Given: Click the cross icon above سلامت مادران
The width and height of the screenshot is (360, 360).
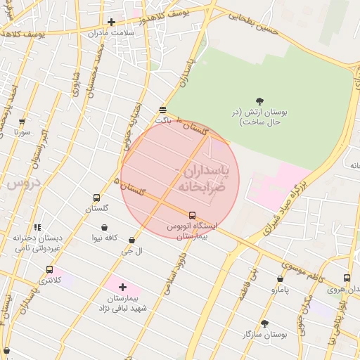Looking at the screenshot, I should coord(111,22).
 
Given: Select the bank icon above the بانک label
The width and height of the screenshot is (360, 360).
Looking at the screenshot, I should coord(163,110).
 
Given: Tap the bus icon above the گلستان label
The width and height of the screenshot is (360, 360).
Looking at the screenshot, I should coord(96,198).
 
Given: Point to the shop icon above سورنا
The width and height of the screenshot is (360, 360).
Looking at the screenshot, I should coord(22,122).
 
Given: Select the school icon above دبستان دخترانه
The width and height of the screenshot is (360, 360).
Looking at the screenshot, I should coord(37,227).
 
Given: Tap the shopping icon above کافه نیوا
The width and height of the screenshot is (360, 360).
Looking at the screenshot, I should coord(104,227).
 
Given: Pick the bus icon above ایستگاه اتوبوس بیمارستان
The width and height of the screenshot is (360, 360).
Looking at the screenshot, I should coord(192,215).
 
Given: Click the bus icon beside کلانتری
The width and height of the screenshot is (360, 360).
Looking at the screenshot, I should coord(49,269).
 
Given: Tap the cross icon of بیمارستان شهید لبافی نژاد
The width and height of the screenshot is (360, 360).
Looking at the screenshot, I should coord(123,287).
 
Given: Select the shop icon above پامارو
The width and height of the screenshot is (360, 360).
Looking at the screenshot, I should coord(280,278).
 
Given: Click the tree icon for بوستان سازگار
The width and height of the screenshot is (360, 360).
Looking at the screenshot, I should coord(264,323).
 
